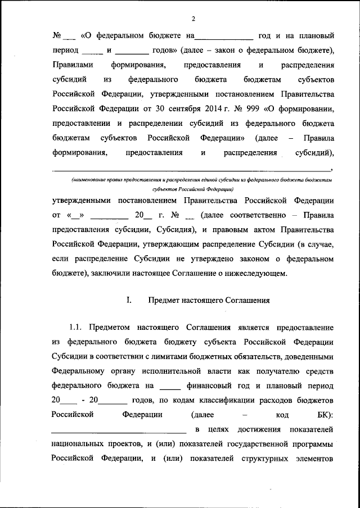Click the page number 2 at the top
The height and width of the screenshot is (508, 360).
pyautogui.click(x=192, y=19)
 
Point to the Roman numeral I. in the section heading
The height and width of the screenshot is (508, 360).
pyautogui.click(x=129, y=301)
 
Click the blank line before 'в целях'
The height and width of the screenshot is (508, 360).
pyautogui.click(x=119, y=430)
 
